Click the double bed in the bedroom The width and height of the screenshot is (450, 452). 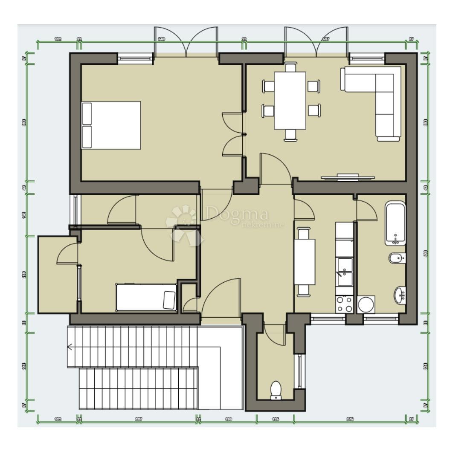click(x=111, y=125)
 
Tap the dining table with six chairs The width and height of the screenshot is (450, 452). click(x=290, y=101)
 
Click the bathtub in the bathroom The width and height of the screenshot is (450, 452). click(x=395, y=224)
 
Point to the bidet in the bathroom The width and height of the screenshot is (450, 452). click(x=397, y=259)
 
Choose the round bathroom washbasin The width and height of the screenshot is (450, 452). click(x=400, y=294)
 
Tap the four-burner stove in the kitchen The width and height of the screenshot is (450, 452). click(x=344, y=304)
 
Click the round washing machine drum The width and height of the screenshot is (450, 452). click(x=366, y=304)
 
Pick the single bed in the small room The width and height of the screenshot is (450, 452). click(x=147, y=297)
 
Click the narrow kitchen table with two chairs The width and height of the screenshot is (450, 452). click(x=304, y=262)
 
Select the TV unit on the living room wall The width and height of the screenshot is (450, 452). click(x=348, y=177)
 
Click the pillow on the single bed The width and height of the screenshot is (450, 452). click(x=169, y=299)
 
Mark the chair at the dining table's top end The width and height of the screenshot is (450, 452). click(x=290, y=67)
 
